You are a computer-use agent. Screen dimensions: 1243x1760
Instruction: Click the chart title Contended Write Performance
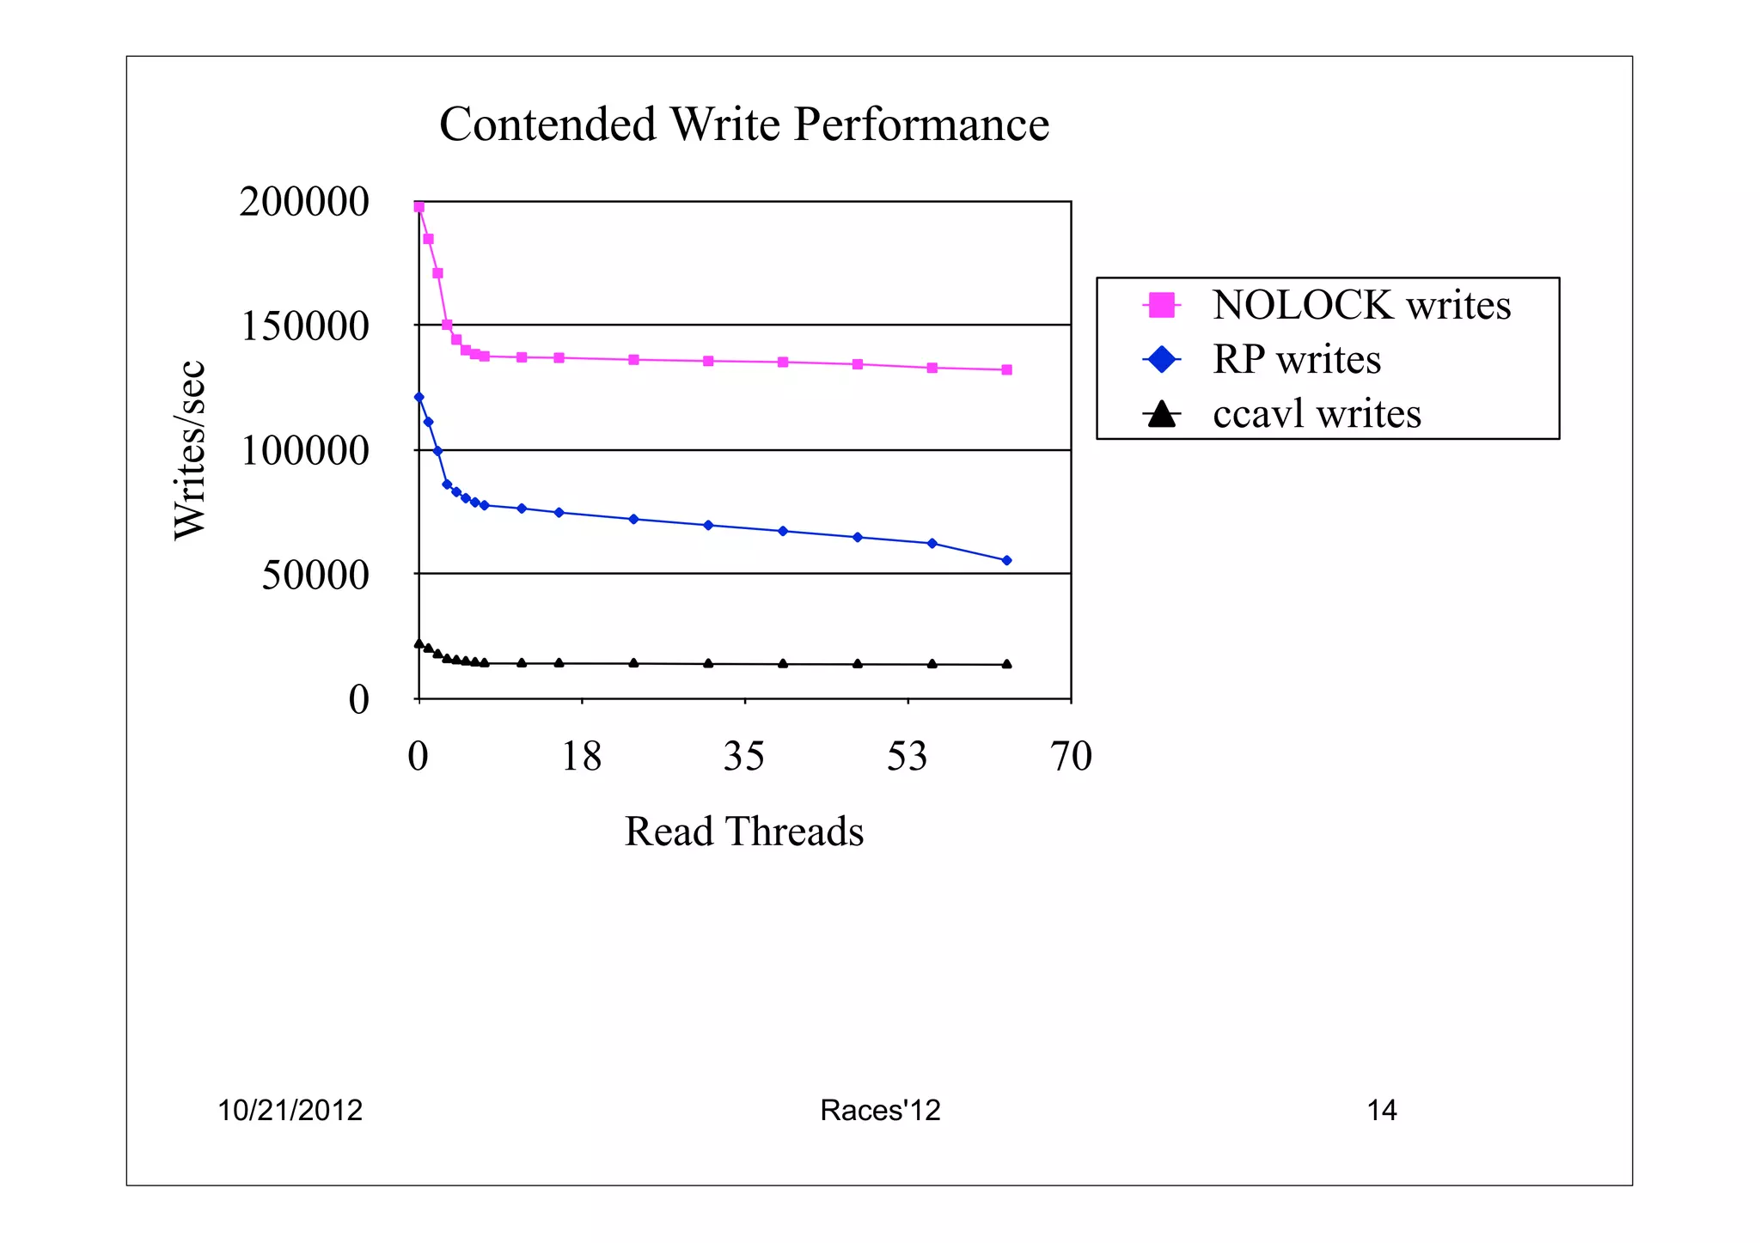point(744,125)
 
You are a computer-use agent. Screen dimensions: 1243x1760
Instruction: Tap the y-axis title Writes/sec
point(190,450)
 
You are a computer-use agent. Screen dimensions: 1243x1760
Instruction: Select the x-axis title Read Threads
point(743,832)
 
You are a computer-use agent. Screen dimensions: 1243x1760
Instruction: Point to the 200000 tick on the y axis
point(304,203)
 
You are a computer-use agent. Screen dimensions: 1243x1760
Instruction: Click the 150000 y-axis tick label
point(305,326)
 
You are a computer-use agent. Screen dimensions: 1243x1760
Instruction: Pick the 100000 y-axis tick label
point(305,451)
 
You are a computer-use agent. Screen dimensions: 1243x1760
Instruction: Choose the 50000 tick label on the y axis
point(315,575)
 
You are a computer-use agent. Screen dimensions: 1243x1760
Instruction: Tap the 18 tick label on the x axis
point(581,757)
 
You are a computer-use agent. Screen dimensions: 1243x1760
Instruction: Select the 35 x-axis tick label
point(743,757)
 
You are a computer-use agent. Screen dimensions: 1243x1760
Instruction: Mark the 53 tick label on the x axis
point(907,757)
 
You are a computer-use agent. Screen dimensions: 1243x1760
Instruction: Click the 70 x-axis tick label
point(1071,757)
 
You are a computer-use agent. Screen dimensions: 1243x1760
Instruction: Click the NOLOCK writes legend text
point(1361,305)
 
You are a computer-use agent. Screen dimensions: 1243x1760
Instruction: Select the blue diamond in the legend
point(1162,359)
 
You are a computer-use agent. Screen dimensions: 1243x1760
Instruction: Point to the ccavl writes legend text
point(1317,414)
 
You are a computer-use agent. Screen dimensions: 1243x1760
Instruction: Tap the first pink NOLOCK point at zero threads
point(419,207)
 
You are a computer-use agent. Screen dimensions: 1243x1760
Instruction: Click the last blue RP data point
point(1007,560)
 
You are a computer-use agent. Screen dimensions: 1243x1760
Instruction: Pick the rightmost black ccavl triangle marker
point(1007,664)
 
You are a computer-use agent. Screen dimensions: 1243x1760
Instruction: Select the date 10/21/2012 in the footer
point(290,1111)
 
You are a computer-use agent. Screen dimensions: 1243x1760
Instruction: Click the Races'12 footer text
point(880,1111)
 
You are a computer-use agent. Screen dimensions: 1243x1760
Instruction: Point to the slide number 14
point(1382,1111)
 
